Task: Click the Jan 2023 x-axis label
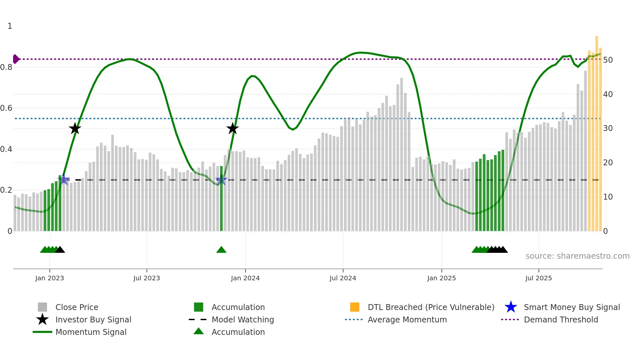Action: (x=50, y=278)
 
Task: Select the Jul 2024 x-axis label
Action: (x=343, y=278)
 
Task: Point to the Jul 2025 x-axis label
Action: (x=538, y=278)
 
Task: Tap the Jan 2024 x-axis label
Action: (x=245, y=278)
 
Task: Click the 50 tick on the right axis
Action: (x=608, y=60)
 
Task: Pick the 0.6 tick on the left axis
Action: (x=7, y=108)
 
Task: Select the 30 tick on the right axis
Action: (x=608, y=128)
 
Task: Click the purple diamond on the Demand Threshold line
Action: (x=16, y=59)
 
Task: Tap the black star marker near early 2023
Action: (x=75, y=128)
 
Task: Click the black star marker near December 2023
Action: (x=232, y=128)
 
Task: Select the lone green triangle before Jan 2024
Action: (x=221, y=250)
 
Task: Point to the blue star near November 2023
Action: (x=221, y=180)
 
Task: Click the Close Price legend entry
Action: (x=77, y=307)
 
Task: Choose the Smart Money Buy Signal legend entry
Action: (x=571, y=307)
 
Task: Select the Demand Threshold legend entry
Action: (x=561, y=319)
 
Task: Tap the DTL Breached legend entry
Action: (x=431, y=307)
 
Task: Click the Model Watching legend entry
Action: (x=243, y=319)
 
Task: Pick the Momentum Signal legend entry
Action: (x=91, y=332)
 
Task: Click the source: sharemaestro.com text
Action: (x=577, y=256)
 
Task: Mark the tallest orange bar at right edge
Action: (x=597, y=131)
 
